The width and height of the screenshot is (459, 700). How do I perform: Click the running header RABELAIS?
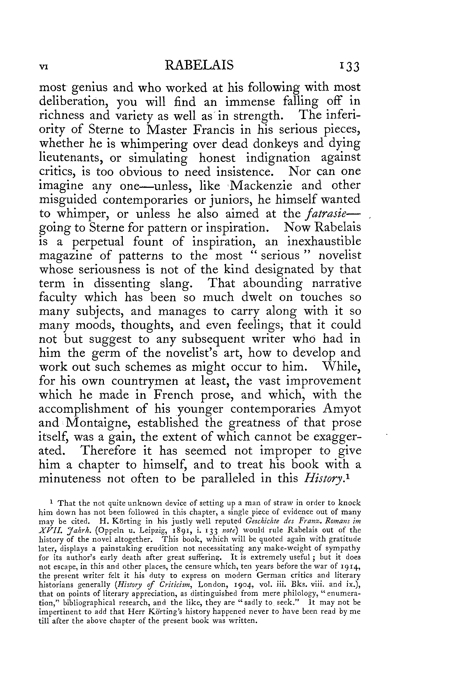(x=199, y=65)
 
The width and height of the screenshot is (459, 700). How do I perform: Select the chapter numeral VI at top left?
(x=43, y=67)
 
